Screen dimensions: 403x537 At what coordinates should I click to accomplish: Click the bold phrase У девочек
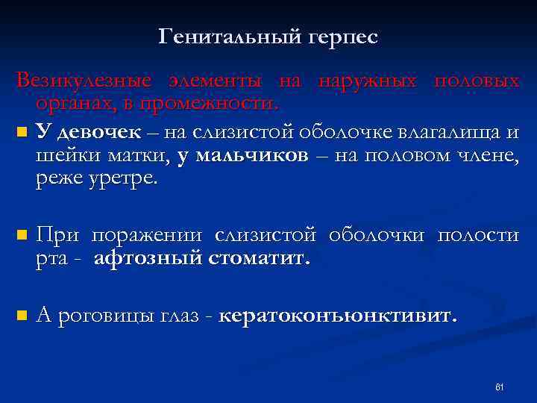(x=88, y=134)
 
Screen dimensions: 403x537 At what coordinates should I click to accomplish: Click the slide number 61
(x=500, y=387)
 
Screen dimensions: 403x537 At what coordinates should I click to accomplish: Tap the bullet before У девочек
(x=20, y=134)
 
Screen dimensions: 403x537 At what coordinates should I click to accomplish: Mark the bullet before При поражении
(x=20, y=235)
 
